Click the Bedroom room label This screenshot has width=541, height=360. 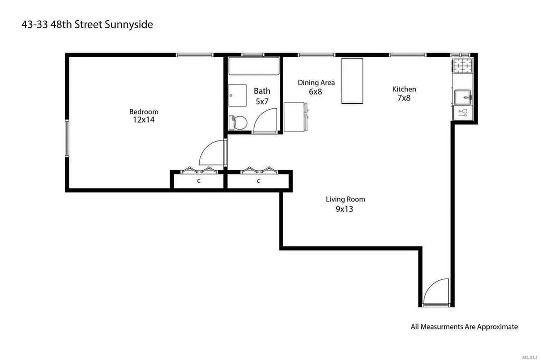[x=144, y=112]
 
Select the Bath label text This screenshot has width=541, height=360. [x=262, y=91]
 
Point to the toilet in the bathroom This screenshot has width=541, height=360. [x=239, y=122]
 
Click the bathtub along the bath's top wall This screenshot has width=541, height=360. [x=254, y=66]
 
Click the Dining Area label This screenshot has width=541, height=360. [x=316, y=82]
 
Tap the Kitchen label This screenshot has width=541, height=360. [x=404, y=89]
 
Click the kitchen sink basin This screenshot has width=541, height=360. [x=462, y=96]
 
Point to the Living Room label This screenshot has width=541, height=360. [x=345, y=199]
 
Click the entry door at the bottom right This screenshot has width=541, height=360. [x=437, y=292]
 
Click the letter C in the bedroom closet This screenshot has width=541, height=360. [x=198, y=181]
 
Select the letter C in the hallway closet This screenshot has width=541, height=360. [x=259, y=181]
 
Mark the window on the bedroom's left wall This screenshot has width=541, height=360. [x=67, y=138]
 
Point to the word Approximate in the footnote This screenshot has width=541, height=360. [x=497, y=327]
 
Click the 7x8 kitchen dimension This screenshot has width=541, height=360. [x=404, y=98]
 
